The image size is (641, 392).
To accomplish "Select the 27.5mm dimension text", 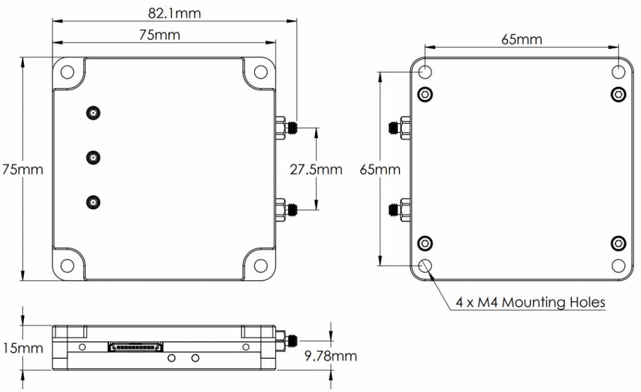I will click(316, 169).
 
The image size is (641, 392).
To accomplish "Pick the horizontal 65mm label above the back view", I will click(521, 39).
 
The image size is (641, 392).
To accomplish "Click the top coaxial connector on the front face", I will click(93, 113).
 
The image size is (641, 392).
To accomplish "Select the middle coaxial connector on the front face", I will click(93, 158).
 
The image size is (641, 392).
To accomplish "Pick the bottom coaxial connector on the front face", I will click(93, 202).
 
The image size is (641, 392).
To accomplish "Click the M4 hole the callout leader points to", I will click(425, 265).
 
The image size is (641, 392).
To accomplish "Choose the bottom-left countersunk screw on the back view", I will click(425, 242).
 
